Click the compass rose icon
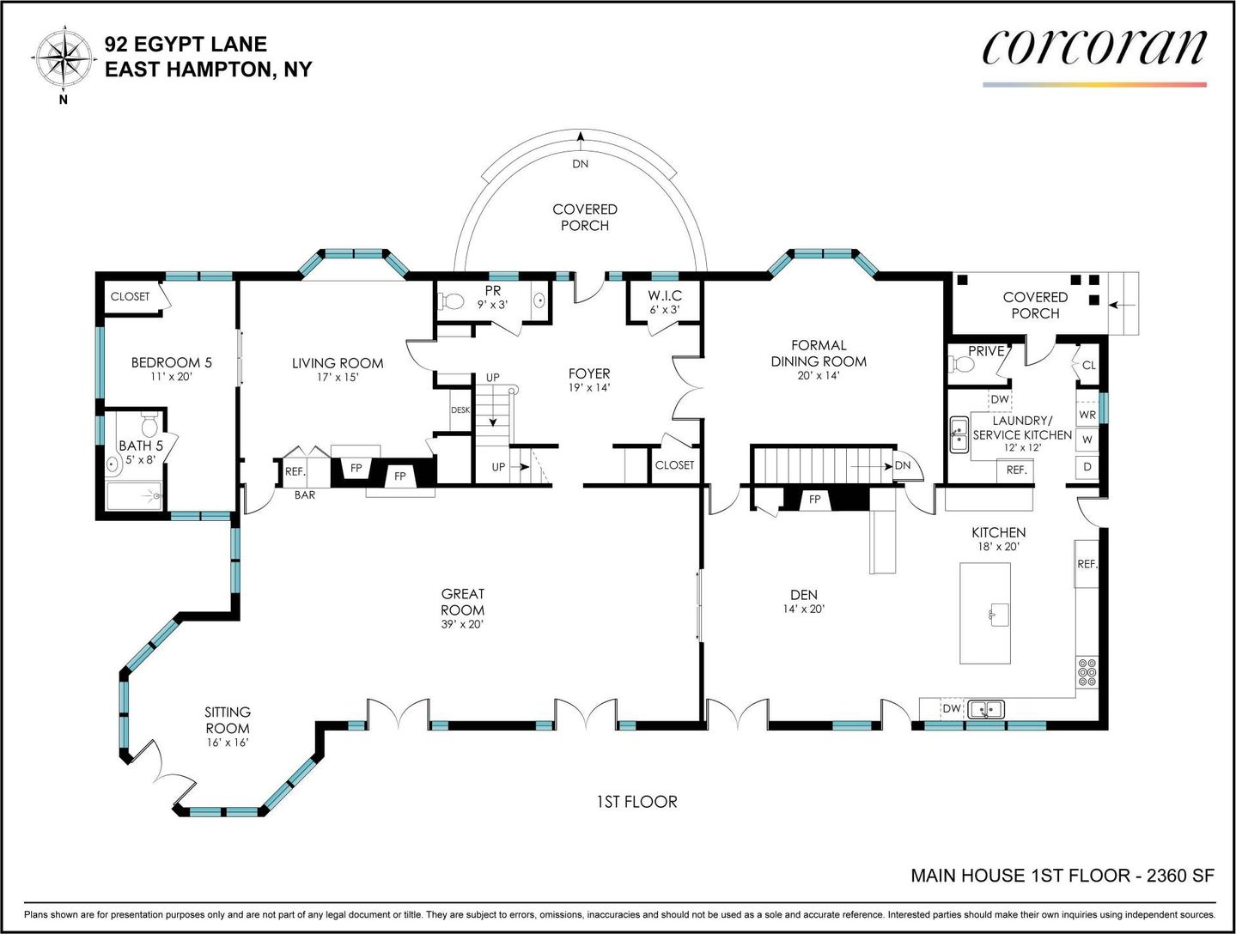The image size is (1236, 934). click(x=63, y=58)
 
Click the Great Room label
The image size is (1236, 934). click(x=463, y=602)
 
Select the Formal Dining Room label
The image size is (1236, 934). click(x=819, y=354)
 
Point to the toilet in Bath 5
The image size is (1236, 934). click(x=149, y=425)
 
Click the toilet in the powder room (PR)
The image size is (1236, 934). click(x=450, y=301)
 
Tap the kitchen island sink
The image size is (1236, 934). click(x=999, y=614)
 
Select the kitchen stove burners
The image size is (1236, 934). click(x=1087, y=673)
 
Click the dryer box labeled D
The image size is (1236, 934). click(x=1087, y=467)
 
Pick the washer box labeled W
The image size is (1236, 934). click(x=1087, y=440)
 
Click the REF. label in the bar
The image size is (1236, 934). click(x=295, y=471)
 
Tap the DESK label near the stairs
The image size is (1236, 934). click(x=460, y=410)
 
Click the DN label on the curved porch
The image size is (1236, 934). click(x=580, y=164)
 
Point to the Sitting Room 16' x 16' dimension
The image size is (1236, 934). click(x=228, y=743)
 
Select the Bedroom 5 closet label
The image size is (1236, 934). click(x=130, y=296)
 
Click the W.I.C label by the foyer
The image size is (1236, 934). click(x=665, y=295)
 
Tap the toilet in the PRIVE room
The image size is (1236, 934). click(x=961, y=365)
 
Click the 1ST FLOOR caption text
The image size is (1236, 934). click(x=636, y=802)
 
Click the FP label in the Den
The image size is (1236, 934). click(x=814, y=499)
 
